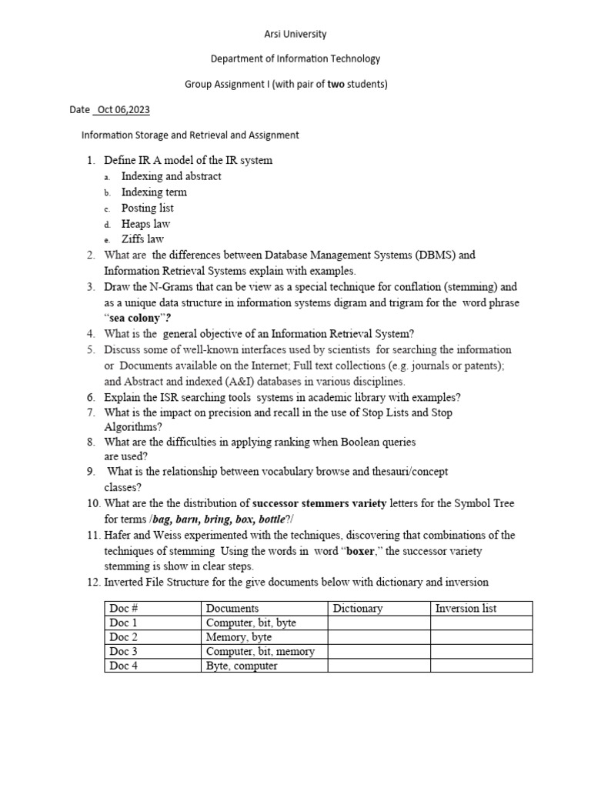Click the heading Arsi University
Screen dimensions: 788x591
coord(295,34)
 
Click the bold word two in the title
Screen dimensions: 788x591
coord(336,84)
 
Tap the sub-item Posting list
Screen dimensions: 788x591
coord(147,208)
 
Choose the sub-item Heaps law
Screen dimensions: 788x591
coord(145,224)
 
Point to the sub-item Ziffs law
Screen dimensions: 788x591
coord(142,239)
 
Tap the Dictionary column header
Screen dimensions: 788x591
coord(357,608)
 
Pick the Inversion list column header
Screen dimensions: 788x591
coord(466,608)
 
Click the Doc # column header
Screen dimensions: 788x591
coord(122,608)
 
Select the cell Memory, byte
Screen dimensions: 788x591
coord(239,637)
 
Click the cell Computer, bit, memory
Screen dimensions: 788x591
coord(260,651)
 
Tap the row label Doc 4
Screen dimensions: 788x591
coord(123,666)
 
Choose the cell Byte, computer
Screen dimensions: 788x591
coord(242,666)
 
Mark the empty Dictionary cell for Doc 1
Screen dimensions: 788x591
coord(379,623)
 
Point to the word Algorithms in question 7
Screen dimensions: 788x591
coord(131,427)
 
